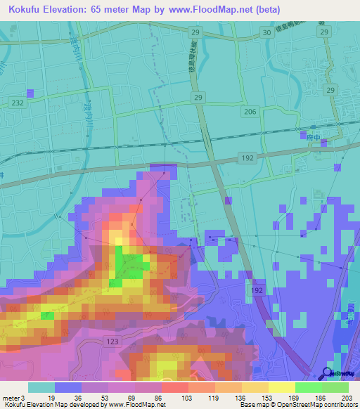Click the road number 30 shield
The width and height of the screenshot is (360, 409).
pos(265,32)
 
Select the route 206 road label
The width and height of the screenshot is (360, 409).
pos(250,112)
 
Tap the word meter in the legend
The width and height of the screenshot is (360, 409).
pos(11,398)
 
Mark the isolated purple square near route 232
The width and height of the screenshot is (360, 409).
pos(30,93)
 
